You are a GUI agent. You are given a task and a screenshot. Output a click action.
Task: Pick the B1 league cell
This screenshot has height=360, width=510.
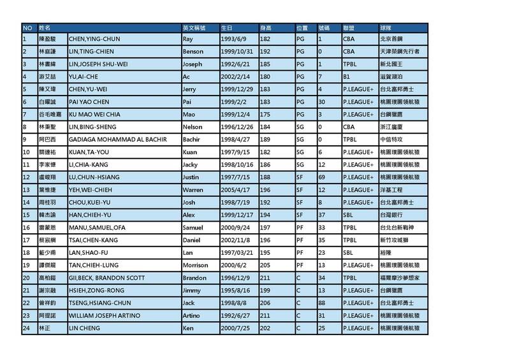pyautogui.click(x=347, y=77)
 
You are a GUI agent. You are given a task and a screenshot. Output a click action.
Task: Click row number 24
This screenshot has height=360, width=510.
pyautogui.click(x=27, y=328)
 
